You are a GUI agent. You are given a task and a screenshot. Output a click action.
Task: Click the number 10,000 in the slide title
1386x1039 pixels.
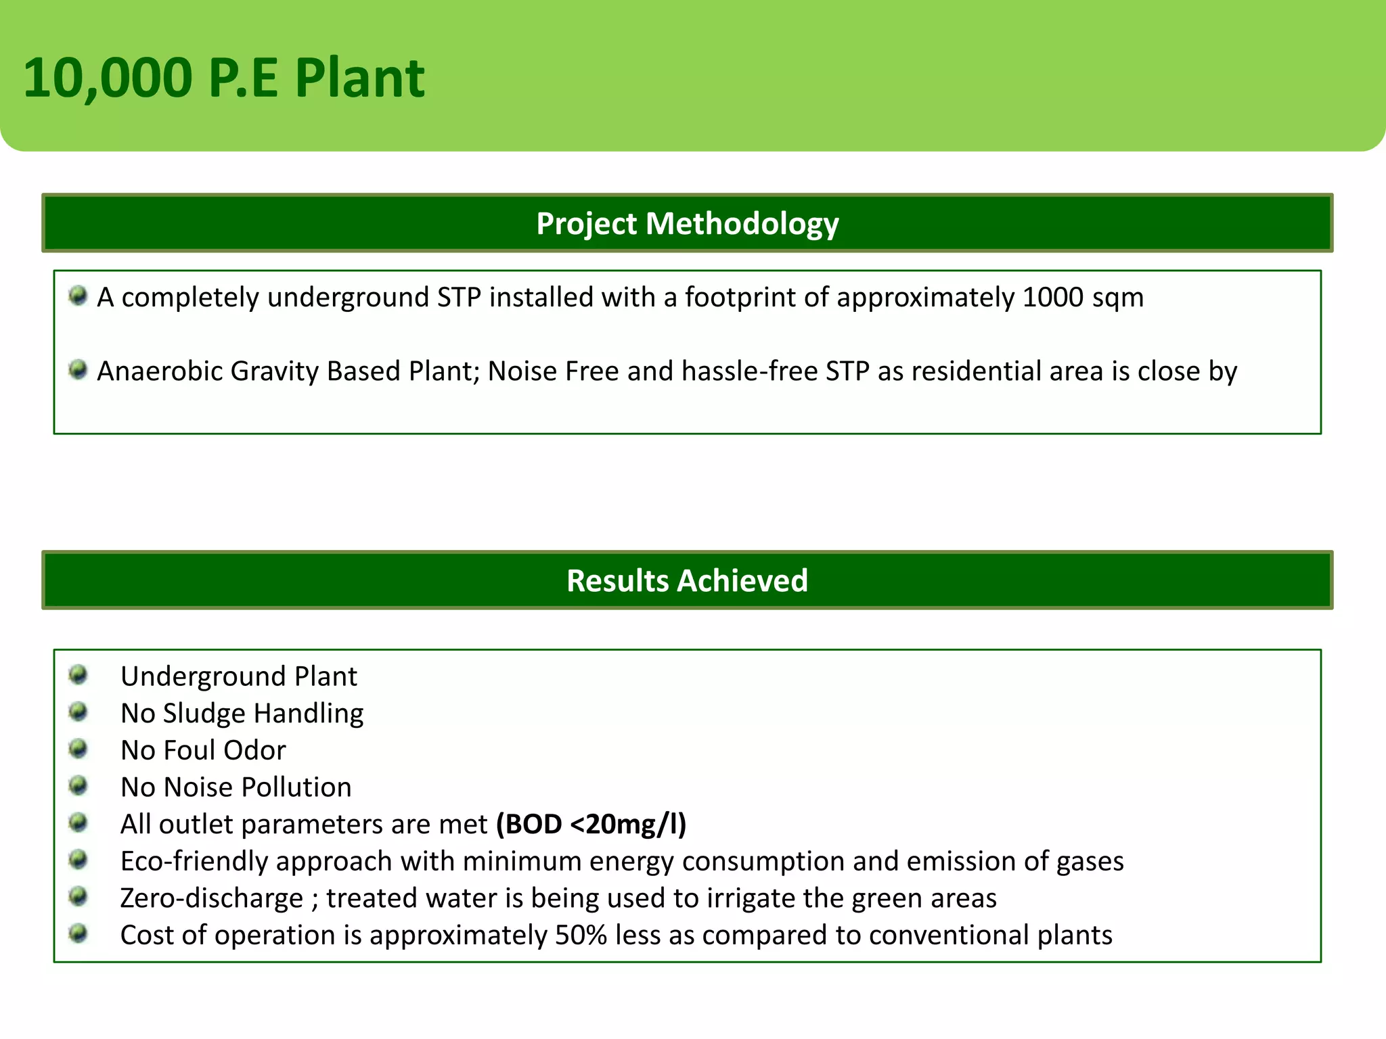(108, 78)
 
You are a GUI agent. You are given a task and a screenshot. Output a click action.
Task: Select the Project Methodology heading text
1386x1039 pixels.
(687, 224)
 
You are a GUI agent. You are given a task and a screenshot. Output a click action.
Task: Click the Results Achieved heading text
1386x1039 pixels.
(687, 581)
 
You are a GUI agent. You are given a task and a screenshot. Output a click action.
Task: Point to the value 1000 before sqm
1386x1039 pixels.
(1052, 298)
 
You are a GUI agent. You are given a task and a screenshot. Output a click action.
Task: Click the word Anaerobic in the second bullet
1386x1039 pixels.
(160, 371)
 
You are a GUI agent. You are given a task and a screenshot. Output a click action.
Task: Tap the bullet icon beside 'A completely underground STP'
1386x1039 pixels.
(79, 296)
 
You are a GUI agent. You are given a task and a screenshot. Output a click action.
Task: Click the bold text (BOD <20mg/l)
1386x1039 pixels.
(591, 825)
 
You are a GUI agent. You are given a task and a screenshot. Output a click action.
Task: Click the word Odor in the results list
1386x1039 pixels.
(254, 751)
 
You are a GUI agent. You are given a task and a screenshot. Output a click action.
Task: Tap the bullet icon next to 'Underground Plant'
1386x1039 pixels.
(79, 674)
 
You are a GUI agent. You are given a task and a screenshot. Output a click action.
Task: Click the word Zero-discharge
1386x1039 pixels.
(212, 899)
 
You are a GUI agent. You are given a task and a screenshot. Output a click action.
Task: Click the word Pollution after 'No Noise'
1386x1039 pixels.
(296, 787)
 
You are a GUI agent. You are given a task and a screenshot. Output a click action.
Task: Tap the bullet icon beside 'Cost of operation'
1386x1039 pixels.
(79, 933)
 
